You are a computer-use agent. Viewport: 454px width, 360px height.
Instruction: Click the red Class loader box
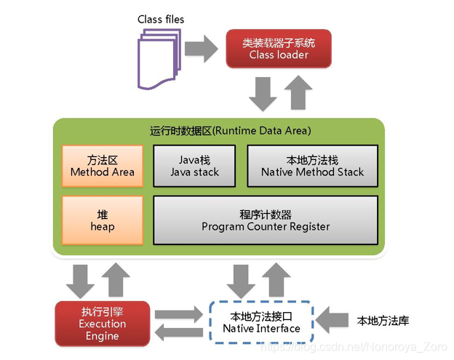pyautogui.click(x=279, y=49)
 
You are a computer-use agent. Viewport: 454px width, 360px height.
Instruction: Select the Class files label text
pyautogui.click(x=161, y=20)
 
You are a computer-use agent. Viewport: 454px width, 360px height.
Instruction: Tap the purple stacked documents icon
pyautogui.click(x=159, y=59)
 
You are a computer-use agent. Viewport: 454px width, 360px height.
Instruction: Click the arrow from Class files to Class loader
pyautogui.click(x=202, y=49)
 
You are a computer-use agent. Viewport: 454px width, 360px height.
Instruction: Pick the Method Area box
pyautogui.click(x=103, y=166)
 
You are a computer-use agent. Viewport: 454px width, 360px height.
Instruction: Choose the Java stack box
pyautogui.click(x=194, y=166)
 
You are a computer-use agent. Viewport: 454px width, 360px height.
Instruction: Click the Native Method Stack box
pyautogui.click(x=312, y=166)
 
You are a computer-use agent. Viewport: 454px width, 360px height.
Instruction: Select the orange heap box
pyautogui.click(x=103, y=220)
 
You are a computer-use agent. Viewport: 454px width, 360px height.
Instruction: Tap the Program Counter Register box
pyautogui.click(x=266, y=220)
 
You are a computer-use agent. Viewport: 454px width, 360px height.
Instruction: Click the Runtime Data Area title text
pyautogui.click(x=231, y=131)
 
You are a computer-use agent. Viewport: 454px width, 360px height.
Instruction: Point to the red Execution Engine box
pyautogui.click(x=103, y=324)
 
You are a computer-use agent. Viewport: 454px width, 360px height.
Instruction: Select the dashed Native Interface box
pyautogui.click(x=261, y=322)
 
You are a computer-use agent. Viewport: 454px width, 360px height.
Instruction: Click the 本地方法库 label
pyautogui.click(x=383, y=321)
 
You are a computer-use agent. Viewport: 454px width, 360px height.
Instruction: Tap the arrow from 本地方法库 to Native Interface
pyautogui.click(x=332, y=320)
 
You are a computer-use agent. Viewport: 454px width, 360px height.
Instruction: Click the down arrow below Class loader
pyautogui.click(x=263, y=94)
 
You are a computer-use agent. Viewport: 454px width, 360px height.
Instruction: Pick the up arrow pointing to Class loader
pyautogui.click(x=298, y=92)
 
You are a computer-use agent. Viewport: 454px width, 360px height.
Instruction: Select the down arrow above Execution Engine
pyautogui.click(x=80, y=281)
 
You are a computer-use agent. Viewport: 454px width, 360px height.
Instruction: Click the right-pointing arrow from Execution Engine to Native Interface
pyautogui.click(x=179, y=315)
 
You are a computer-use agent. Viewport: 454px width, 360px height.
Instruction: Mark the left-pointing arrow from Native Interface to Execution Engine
pyautogui.click(x=179, y=332)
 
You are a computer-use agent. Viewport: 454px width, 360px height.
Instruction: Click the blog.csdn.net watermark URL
pyautogui.click(x=354, y=347)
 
